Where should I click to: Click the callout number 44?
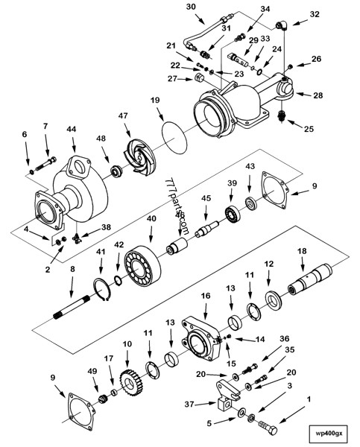[72, 129]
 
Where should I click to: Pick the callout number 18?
[302, 251]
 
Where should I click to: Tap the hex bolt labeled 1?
[266, 429]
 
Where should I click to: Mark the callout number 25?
[308, 129]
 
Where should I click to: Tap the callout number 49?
[93, 370]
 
